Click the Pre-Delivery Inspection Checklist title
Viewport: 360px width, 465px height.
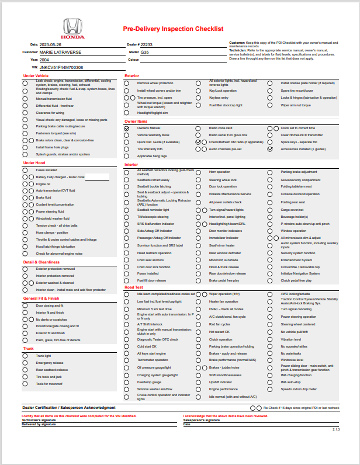point(173,29)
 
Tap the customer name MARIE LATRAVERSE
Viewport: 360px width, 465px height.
point(60,52)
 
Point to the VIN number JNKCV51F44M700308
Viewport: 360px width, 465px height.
point(61,68)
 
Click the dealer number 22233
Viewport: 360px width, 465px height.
point(146,44)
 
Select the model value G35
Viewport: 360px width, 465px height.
point(144,52)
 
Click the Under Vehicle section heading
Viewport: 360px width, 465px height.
point(36,76)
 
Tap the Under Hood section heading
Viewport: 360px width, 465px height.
point(34,163)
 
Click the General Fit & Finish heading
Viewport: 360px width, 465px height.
point(41,299)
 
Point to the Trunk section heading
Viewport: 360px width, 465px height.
point(29,349)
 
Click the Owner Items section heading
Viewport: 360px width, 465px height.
point(137,122)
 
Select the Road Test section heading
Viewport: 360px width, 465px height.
point(134,287)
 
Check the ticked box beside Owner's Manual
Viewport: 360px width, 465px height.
point(127,128)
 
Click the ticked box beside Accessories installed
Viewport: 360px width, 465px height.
point(270,149)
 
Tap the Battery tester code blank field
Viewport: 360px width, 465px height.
point(97,177)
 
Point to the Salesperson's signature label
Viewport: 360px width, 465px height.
point(201,420)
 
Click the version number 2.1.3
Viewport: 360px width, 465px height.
point(336,429)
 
